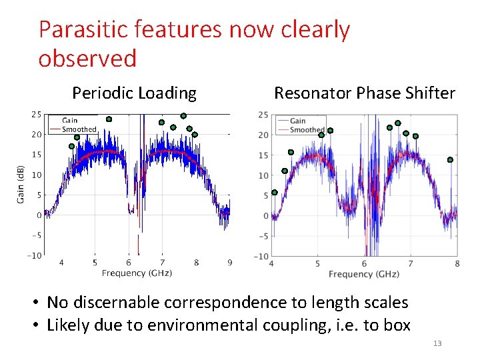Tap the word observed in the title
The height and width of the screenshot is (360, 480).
click(87, 59)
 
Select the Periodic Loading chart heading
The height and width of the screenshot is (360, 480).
click(134, 93)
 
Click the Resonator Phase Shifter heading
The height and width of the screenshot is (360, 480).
click(365, 93)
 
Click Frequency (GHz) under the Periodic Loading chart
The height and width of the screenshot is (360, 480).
click(137, 273)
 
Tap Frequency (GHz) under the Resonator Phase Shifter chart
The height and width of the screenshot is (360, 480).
click(363, 274)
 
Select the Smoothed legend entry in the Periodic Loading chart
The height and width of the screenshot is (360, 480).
click(79, 129)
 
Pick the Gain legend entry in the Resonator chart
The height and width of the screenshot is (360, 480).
click(298, 121)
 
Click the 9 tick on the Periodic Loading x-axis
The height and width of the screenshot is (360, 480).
click(229, 263)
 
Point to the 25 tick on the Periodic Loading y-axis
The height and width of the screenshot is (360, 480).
click(36, 114)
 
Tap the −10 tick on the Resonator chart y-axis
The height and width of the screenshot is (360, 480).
click(262, 256)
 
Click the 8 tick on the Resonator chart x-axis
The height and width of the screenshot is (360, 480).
click(457, 263)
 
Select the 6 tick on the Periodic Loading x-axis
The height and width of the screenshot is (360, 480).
click(129, 263)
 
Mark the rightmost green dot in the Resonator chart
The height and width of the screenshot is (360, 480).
click(450, 160)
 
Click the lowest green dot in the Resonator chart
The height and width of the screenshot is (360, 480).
click(275, 193)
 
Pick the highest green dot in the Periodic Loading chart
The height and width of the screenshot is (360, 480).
click(183, 116)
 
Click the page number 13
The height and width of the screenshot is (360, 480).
click(437, 343)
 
